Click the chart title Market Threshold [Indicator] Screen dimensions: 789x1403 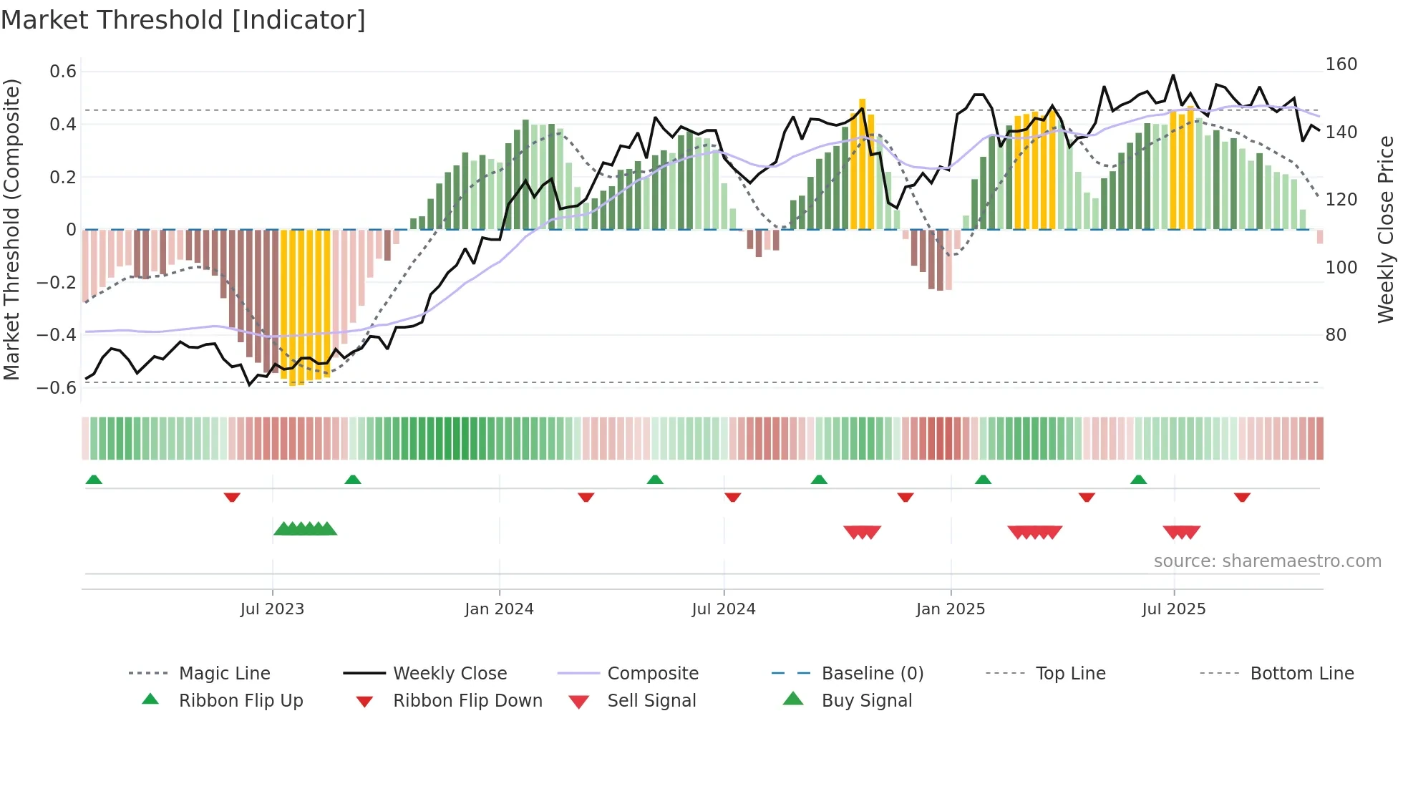coord(183,20)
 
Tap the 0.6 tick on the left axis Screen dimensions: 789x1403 coord(63,72)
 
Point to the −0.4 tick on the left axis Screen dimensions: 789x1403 coord(57,335)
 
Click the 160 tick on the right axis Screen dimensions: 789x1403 coord(1341,64)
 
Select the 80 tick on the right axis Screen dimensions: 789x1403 coord(1336,335)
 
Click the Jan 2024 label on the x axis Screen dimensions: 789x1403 coord(499,609)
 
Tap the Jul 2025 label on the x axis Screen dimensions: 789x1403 coord(1173,609)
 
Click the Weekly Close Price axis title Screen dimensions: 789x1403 coord(1386,229)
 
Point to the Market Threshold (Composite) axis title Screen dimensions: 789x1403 coord(11,229)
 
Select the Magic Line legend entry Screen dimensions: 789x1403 coord(224,674)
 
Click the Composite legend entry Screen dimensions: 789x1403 coord(652,674)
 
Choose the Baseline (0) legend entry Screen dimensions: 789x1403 coord(872,674)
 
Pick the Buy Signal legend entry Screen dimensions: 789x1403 coord(866,701)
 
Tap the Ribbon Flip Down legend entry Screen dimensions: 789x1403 coord(467,701)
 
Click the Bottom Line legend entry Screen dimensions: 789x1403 coord(1301,674)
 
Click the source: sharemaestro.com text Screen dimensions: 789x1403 coord(1267,561)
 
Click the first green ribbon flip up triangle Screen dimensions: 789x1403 coord(94,480)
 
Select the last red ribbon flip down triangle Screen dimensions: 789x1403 coord(1242,497)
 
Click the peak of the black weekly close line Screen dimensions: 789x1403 coord(1173,75)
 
